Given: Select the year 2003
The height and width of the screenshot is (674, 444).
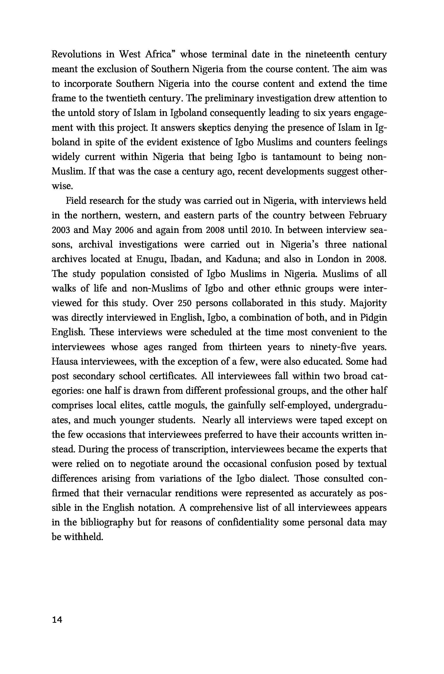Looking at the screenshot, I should pos(61,230).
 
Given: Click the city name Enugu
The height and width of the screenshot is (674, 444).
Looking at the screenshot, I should pos(149,259).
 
